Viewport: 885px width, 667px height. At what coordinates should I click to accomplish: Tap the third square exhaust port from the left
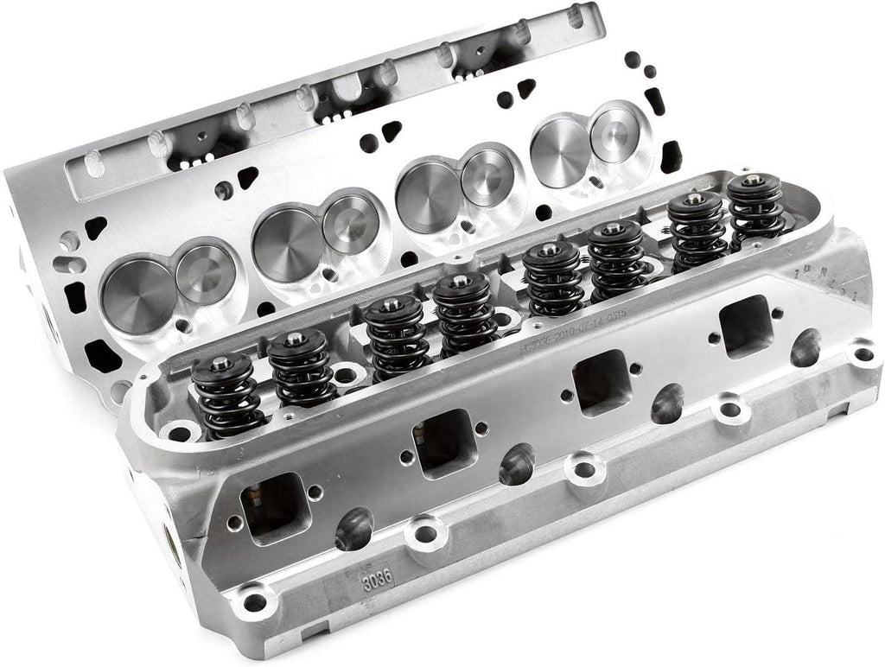(x=602, y=381)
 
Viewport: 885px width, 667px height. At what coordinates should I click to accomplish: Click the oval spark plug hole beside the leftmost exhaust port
(x=353, y=528)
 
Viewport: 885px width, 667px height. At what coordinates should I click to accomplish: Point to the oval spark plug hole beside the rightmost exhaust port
(x=805, y=346)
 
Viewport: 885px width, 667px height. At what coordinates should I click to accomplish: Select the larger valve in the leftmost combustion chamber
(x=137, y=295)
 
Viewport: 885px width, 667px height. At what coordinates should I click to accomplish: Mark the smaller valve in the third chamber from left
(x=487, y=178)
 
